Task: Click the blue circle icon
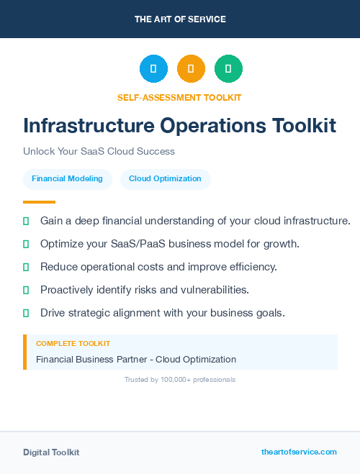click(x=153, y=69)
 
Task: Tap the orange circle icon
click(x=191, y=69)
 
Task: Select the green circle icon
click(x=228, y=69)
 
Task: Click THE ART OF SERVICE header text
click(x=180, y=19)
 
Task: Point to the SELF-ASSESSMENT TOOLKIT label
click(x=179, y=98)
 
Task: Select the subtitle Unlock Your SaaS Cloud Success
click(x=99, y=152)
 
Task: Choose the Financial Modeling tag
click(x=67, y=179)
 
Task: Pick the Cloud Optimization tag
click(x=165, y=179)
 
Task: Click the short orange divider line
click(x=39, y=202)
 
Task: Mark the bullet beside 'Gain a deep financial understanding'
click(x=26, y=221)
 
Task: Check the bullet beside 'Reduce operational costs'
click(x=26, y=267)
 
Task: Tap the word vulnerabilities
click(x=216, y=290)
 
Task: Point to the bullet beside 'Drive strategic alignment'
click(x=26, y=313)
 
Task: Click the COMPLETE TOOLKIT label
click(x=73, y=345)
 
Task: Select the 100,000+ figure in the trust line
click(x=177, y=379)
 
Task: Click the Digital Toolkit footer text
click(x=51, y=452)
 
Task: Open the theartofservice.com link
click(x=299, y=452)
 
